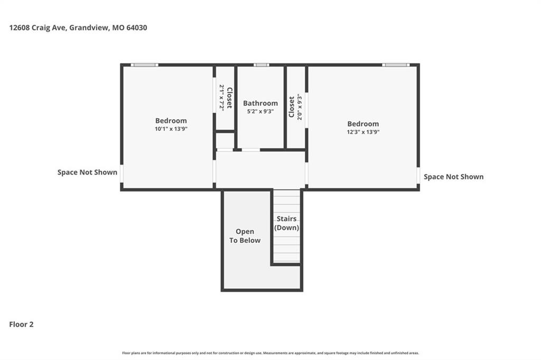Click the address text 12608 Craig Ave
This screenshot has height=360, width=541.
pos(38,27)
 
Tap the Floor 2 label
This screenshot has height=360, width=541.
pos(21,324)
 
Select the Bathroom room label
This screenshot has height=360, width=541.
pos(260,103)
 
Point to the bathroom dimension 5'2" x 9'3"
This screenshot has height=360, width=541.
pos(260,111)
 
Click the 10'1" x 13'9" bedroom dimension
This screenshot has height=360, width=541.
pos(171,129)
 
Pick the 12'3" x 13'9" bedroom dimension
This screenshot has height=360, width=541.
pos(363,132)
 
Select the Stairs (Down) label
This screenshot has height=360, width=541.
pos(287,223)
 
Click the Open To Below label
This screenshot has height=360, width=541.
pos(245,236)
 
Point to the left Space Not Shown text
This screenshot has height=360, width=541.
pos(87,172)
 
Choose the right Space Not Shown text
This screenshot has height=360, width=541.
pos(454,176)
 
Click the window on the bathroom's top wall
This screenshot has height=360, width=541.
pos(261,65)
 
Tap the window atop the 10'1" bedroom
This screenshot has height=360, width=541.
pos(145,65)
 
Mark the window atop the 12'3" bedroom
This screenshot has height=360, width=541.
pos(396,65)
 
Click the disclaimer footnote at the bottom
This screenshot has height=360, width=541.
pos(270,353)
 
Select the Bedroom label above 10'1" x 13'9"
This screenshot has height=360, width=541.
pos(171,121)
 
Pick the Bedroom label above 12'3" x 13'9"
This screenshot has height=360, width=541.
pos(363,124)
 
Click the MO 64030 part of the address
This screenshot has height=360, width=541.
pos(130,27)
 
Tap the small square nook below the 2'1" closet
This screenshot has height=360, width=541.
pos(225,140)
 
